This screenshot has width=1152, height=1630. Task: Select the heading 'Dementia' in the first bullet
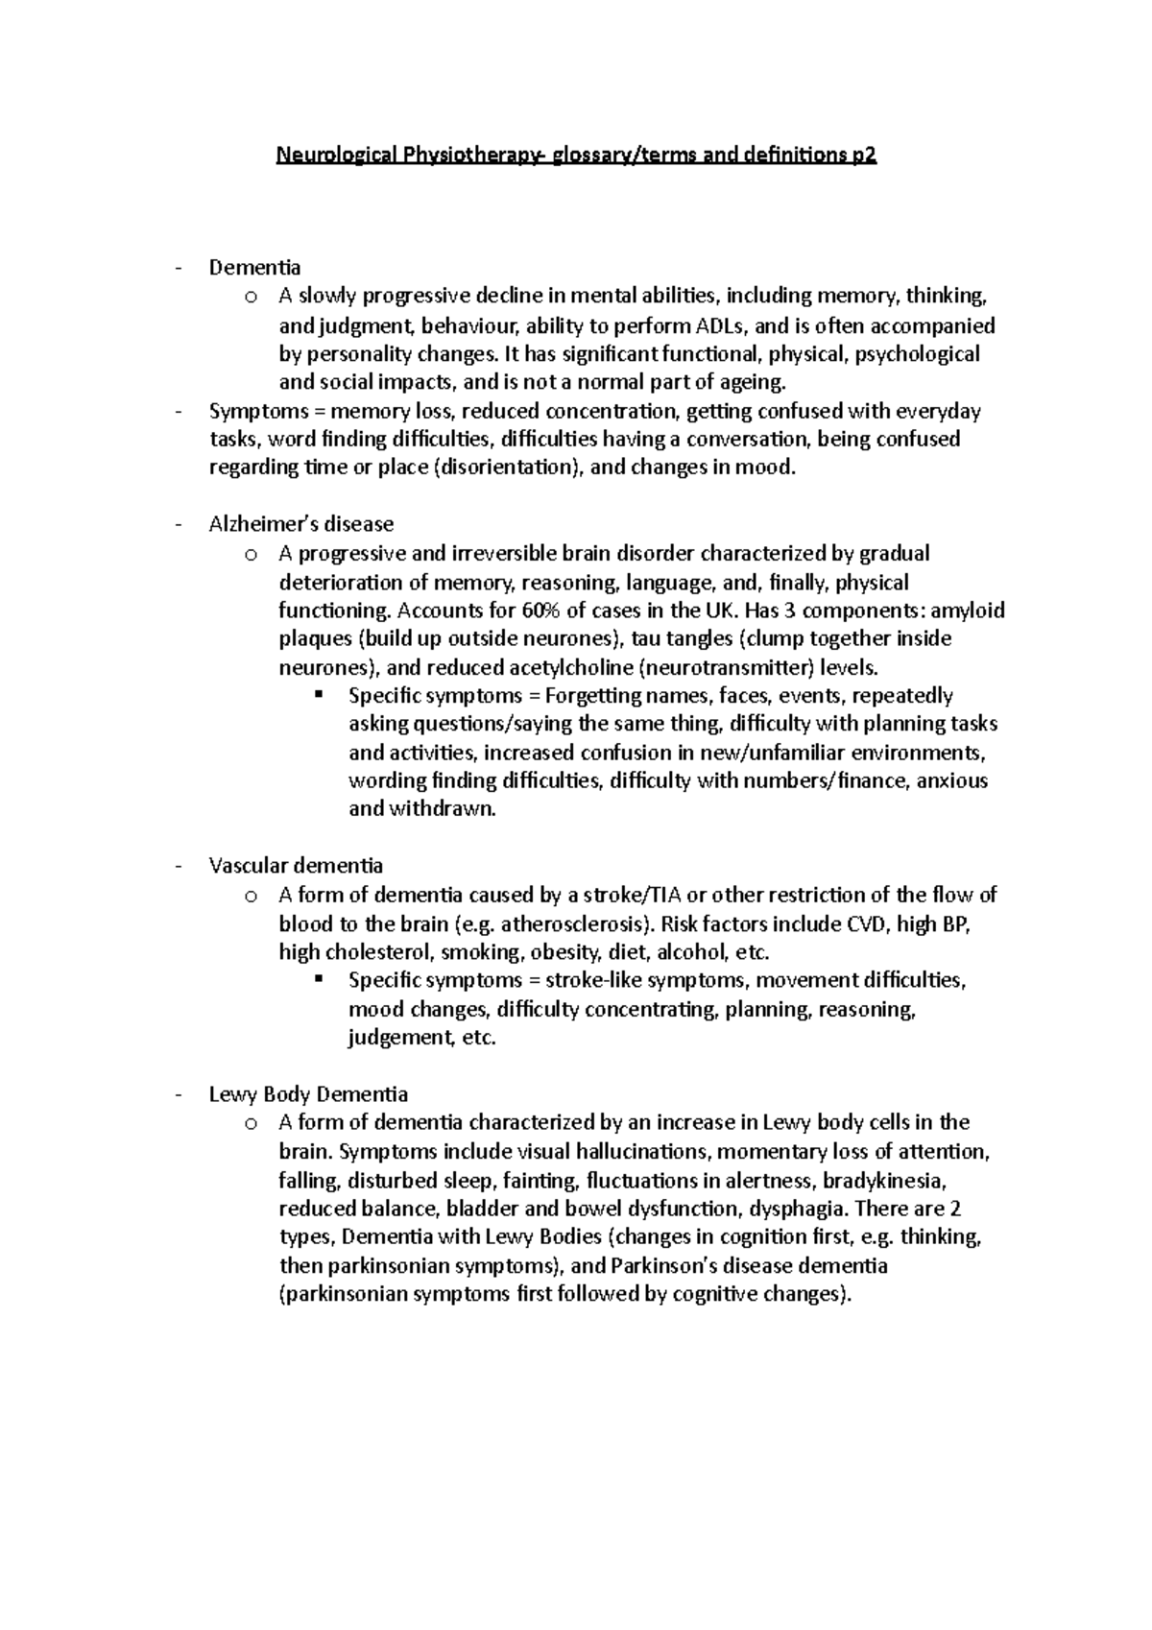[255, 267]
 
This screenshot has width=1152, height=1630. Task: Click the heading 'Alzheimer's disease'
[301, 524]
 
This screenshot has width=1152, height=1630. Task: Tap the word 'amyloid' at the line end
[968, 611]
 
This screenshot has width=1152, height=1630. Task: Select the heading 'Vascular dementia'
[296, 866]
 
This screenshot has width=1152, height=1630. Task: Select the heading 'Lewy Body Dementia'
[308, 1094]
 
